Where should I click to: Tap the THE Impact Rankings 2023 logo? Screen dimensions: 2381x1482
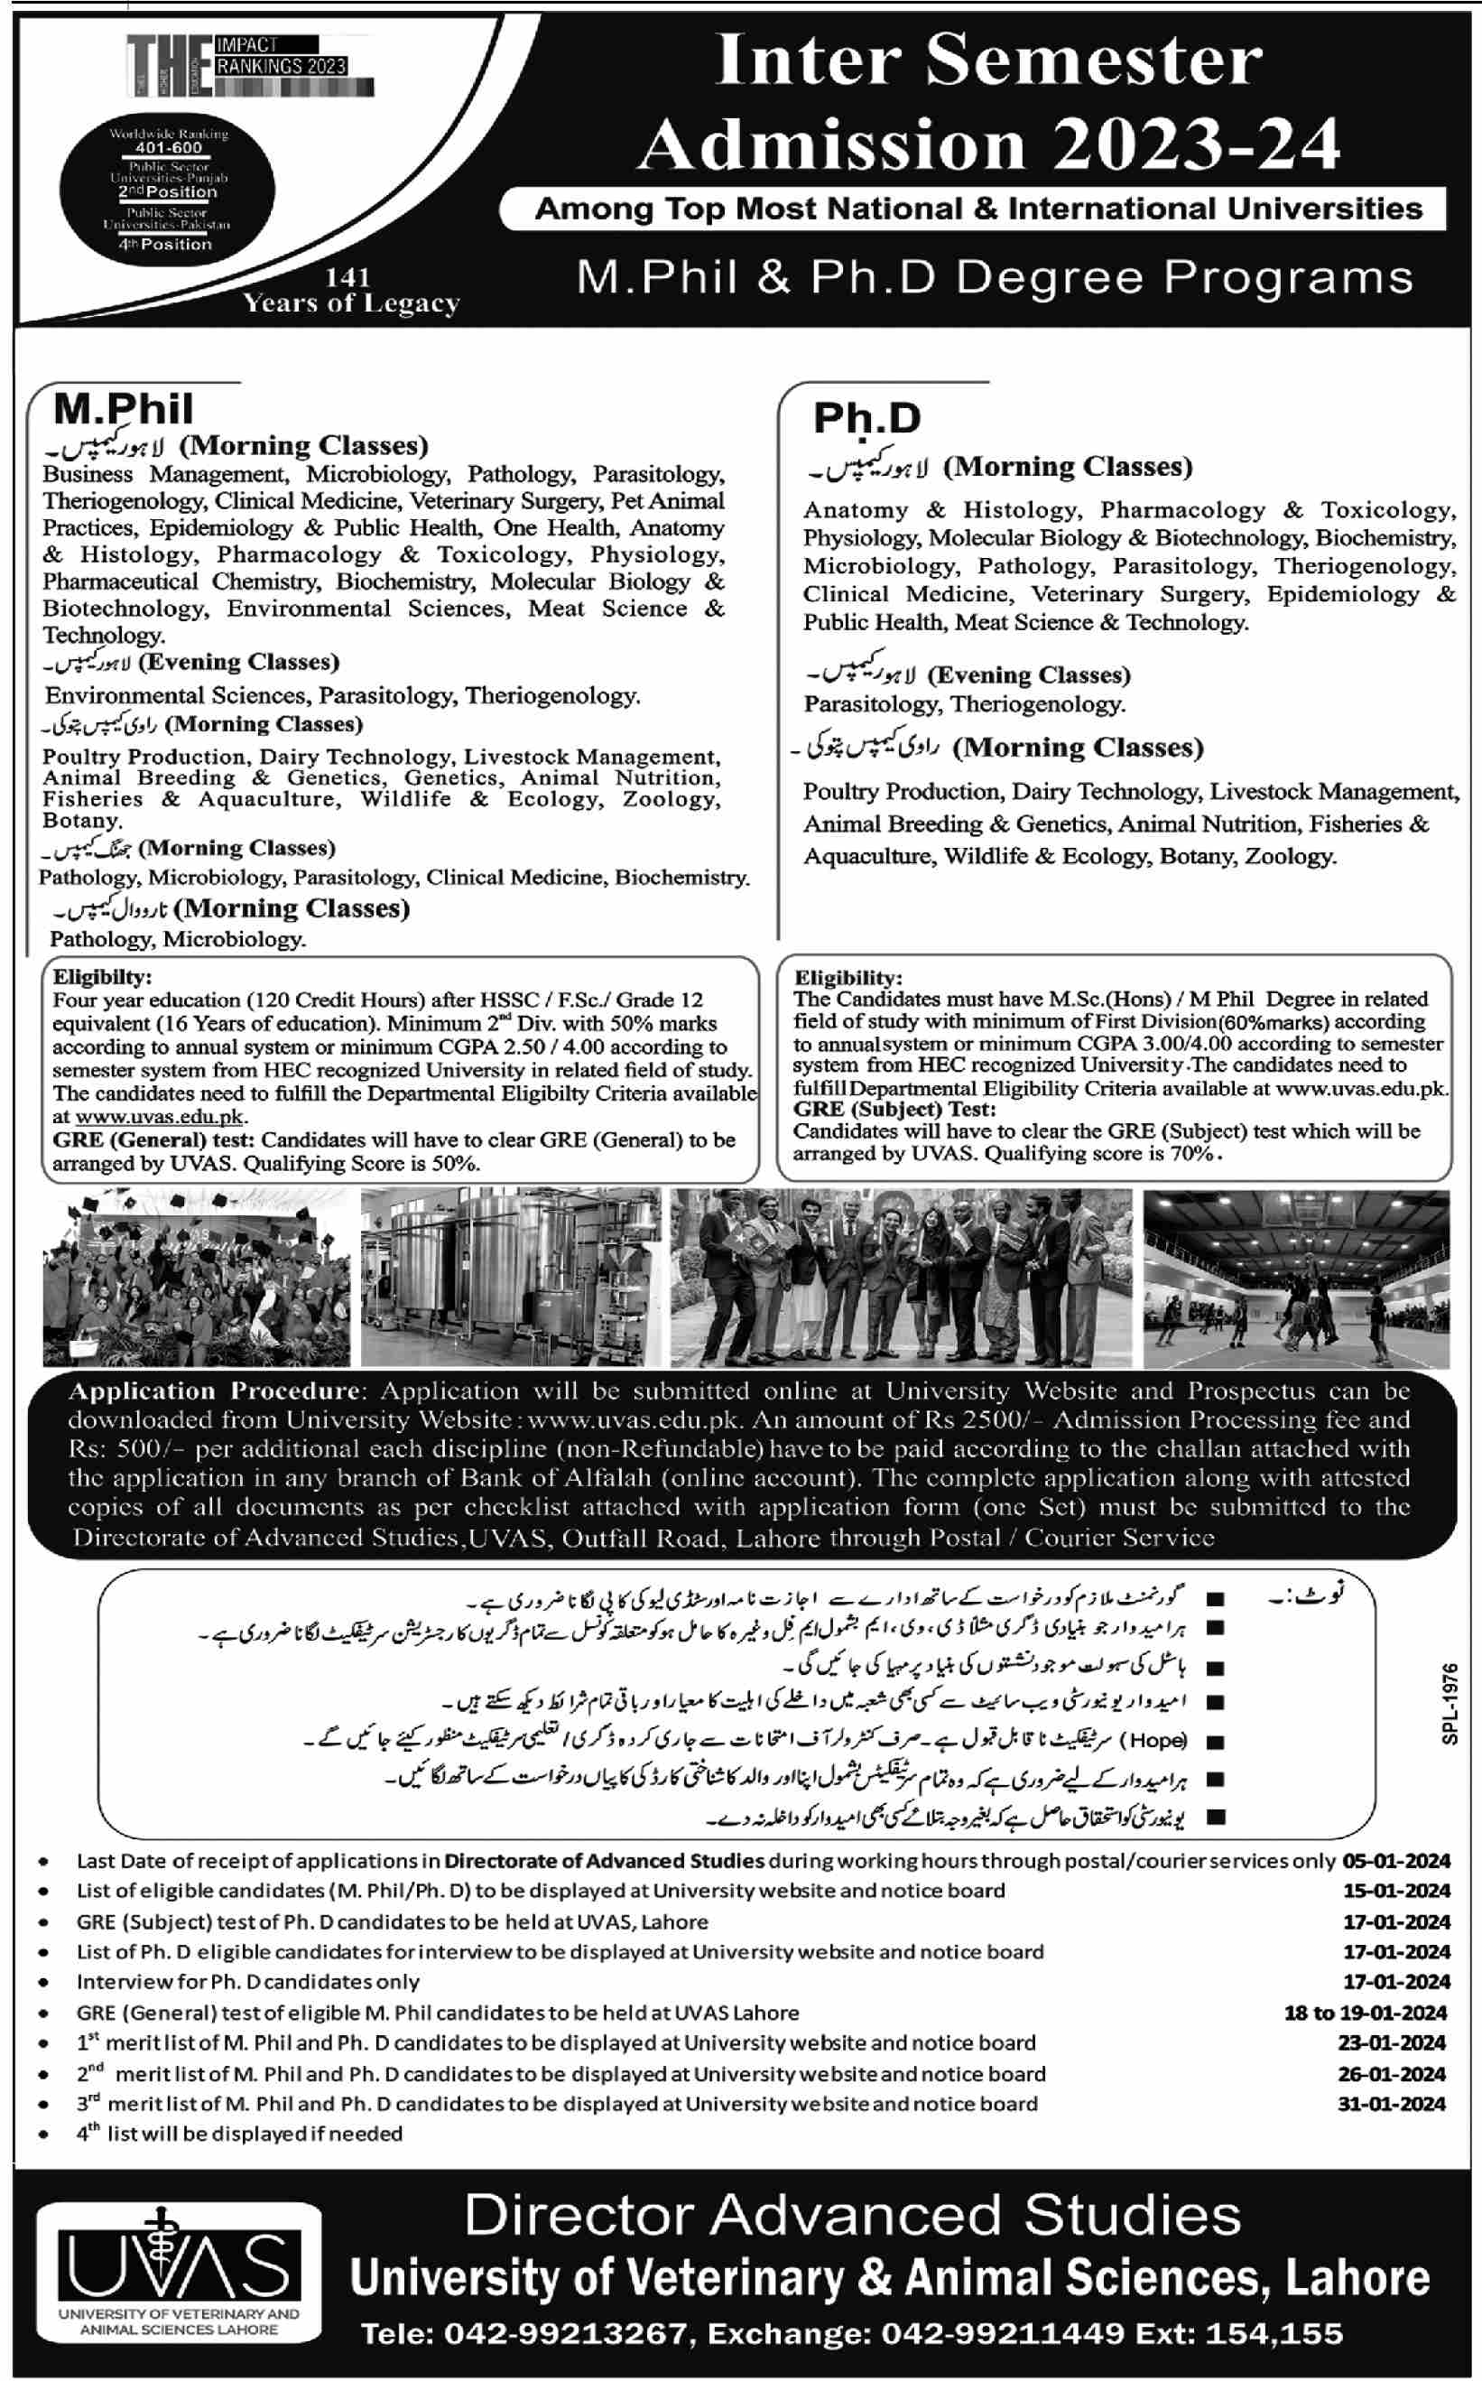250,67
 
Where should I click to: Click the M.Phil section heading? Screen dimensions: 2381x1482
123,409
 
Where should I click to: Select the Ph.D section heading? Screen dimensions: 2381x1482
866,419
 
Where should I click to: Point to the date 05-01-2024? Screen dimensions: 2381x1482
1395,1861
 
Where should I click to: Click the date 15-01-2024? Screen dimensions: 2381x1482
1395,1890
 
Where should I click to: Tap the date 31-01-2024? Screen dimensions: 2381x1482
1391,2104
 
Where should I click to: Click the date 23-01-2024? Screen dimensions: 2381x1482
1391,2042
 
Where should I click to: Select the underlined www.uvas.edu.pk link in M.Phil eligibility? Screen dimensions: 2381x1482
160,1117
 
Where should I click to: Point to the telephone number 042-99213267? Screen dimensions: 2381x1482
567,2334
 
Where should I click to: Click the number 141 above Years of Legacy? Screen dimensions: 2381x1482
348,278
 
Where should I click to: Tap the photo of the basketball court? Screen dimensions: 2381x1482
1296,1279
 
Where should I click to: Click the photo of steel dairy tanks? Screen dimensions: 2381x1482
511,1279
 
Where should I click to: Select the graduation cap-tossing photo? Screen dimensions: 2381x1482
196,1279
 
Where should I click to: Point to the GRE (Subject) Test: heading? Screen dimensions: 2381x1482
894,1109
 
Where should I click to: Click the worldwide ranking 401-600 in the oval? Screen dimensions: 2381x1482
169,148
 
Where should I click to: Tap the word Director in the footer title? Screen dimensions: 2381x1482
579,2216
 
